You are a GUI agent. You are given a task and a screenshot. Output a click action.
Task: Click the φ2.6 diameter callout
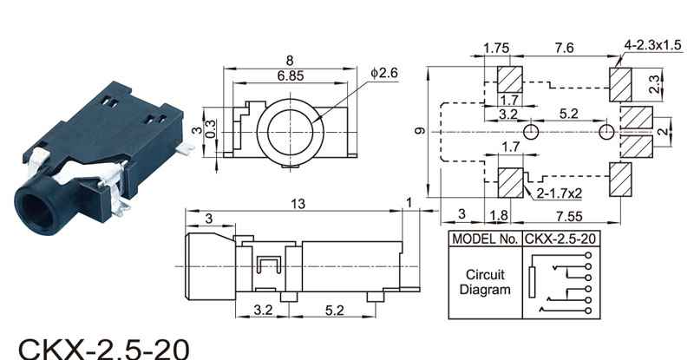[384, 73]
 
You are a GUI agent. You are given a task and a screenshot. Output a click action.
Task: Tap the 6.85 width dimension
[291, 75]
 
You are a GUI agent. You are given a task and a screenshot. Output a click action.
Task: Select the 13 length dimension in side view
[298, 204]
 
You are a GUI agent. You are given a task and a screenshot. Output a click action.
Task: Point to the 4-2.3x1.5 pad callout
[653, 45]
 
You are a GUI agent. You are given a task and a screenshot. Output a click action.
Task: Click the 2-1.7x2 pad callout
[559, 193]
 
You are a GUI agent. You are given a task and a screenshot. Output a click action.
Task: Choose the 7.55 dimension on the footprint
[569, 216]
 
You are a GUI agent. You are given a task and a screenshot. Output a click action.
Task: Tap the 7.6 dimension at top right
[565, 47]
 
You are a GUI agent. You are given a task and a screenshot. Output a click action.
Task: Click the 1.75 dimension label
[496, 48]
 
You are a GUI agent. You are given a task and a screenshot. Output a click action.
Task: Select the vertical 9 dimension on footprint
[421, 131]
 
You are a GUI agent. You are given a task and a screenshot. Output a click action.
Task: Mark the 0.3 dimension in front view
[212, 129]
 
